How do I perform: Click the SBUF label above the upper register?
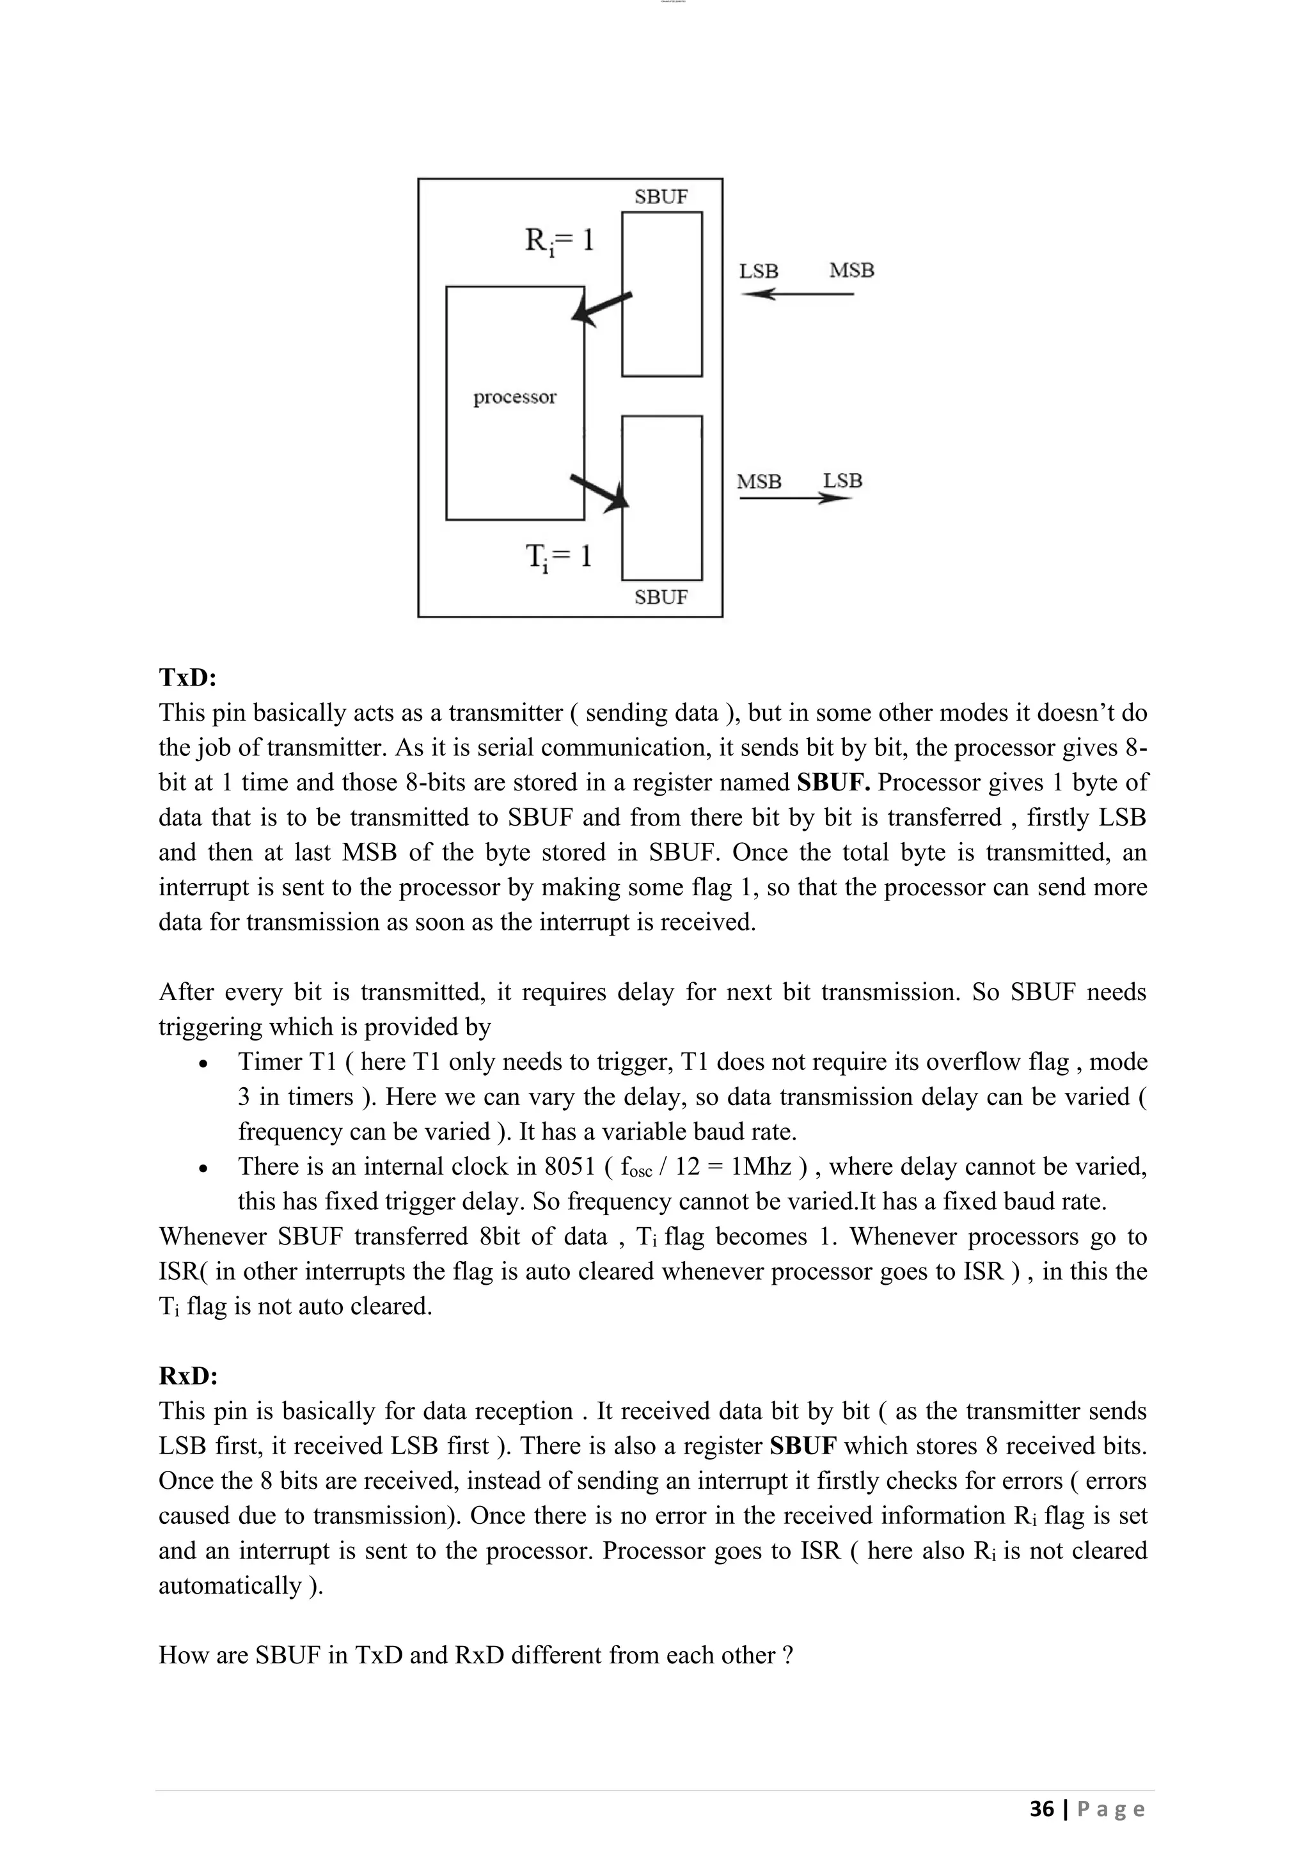click(661, 197)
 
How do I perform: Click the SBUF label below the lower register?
click(661, 598)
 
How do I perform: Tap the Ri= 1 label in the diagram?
click(559, 240)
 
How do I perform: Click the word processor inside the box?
click(515, 397)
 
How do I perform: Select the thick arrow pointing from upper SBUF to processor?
click(601, 309)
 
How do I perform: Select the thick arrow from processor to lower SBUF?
click(600, 491)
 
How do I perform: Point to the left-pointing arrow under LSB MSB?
click(796, 294)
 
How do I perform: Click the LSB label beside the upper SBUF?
click(758, 272)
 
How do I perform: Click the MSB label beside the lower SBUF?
click(759, 482)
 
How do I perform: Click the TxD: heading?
click(188, 678)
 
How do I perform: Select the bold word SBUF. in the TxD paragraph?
click(833, 782)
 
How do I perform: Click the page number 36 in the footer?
click(1041, 1809)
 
